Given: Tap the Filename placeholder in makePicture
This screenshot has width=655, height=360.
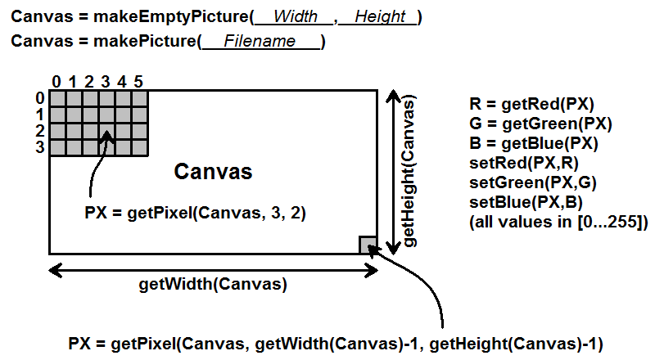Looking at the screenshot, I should point(260,42).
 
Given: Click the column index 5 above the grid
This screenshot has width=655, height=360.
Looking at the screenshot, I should point(138,81).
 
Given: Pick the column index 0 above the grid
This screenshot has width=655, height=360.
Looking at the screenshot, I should point(56,81).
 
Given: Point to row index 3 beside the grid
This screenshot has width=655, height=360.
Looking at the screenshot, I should point(39,147).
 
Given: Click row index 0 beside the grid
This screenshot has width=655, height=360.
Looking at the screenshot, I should point(39,98).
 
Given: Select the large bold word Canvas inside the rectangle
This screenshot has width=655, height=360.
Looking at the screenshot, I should point(213,172).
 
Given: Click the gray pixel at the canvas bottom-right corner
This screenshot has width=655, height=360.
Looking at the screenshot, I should point(368,245).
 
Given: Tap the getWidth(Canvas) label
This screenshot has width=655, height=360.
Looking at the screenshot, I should point(213,285).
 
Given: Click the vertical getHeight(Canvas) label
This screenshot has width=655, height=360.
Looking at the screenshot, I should point(409,172).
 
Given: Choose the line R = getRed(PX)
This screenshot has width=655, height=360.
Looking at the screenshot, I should point(531,104).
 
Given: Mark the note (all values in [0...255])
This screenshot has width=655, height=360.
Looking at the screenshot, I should point(559,221).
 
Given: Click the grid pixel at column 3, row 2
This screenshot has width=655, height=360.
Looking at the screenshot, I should point(106,131).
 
